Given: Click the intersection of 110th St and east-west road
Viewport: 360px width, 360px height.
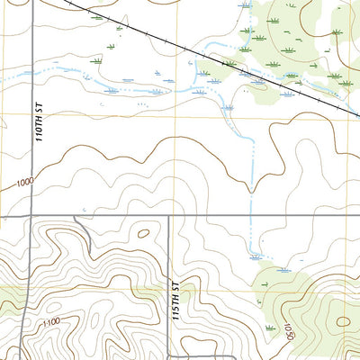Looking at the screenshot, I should pos(32,216).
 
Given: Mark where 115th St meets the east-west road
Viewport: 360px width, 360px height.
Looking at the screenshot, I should pos(170,216).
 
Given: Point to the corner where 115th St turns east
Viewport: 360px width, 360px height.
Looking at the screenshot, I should pos(170,357).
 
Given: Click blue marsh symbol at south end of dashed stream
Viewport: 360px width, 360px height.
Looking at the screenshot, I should pos(284,269).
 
